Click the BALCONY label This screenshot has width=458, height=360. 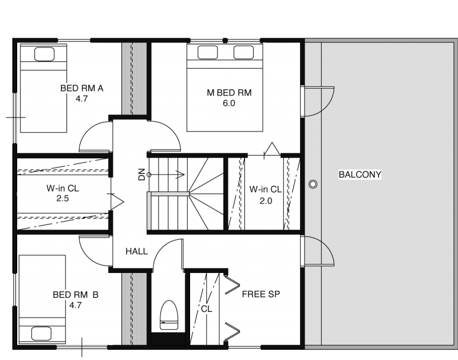[x=360, y=175]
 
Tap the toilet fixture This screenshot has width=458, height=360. [x=169, y=315]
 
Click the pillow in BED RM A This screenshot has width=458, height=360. [x=45, y=54]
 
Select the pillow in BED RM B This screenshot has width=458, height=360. [x=41, y=334]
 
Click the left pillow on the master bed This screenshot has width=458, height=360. [x=207, y=52]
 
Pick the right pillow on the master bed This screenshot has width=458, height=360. [x=243, y=52]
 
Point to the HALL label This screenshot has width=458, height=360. [x=136, y=251]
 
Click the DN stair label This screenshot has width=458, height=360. [x=141, y=175]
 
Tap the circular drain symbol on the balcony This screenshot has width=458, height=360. [x=313, y=184]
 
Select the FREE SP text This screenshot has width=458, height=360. [x=261, y=294]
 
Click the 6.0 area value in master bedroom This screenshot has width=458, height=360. [x=228, y=104]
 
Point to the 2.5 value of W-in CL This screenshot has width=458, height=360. [x=62, y=199]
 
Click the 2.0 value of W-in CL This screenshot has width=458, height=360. [x=266, y=201]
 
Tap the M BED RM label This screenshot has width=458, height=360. [x=229, y=93]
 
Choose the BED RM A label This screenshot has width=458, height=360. [x=82, y=88]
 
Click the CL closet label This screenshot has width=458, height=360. [x=207, y=309]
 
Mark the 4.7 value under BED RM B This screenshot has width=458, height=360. [x=76, y=306]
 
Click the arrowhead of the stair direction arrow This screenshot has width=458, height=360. [x=180, y=175]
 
